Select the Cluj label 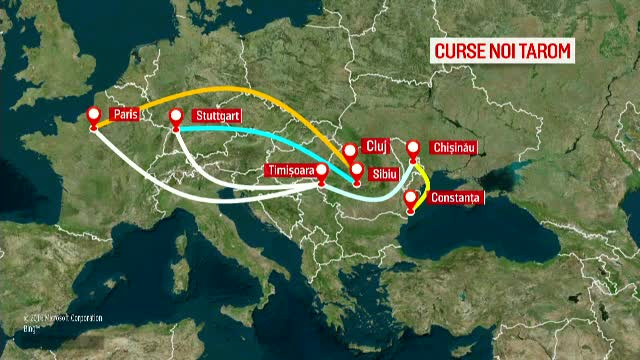pyautogui.click(x=374, y=143)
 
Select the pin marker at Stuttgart pyautogui.click(x=177, y=116)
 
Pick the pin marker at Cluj pyautogui.click(x=350, y=151)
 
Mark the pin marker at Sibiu pyautogui.click(x=357, y=170)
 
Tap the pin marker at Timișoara pyautogui.click(x=322, y=172)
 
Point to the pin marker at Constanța pyautogui.click(x=410, y=198)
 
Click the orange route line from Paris pyautogui.click(x=240, y=90)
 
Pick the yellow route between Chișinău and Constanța pyautogui.click(x=426, y=180)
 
